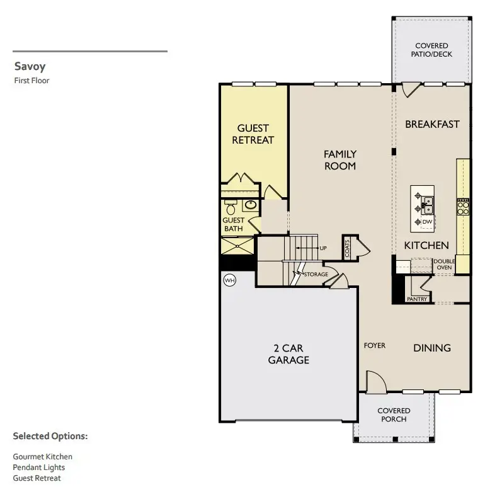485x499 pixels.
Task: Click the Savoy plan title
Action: tap(30, 67)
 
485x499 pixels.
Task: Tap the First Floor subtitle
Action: tap(31, 80)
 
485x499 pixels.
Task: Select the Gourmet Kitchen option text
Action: tap(42, 456)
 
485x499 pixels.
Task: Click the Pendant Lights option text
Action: tap(38, 467)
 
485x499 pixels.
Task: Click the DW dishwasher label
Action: tap(427, 222)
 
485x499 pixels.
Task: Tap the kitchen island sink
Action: tap(428, 204)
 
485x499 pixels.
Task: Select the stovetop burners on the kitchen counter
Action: tap(463, 207)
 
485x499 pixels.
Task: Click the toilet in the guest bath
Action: tap(231, 207)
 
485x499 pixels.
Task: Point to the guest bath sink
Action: tap(250, 205)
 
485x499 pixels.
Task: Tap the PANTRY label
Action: tap(417, 299)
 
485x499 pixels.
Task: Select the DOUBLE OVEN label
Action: tap(443, 264)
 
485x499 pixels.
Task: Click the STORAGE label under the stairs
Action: tap(316, 275)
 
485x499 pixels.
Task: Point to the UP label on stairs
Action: tap(323, 248)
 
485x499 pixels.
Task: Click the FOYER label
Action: tap(374, 345)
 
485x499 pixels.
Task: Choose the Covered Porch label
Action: tap(394, 415)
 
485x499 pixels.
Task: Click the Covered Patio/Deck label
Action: tap(431, 50)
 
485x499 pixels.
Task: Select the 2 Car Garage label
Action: tap(288, 354)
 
